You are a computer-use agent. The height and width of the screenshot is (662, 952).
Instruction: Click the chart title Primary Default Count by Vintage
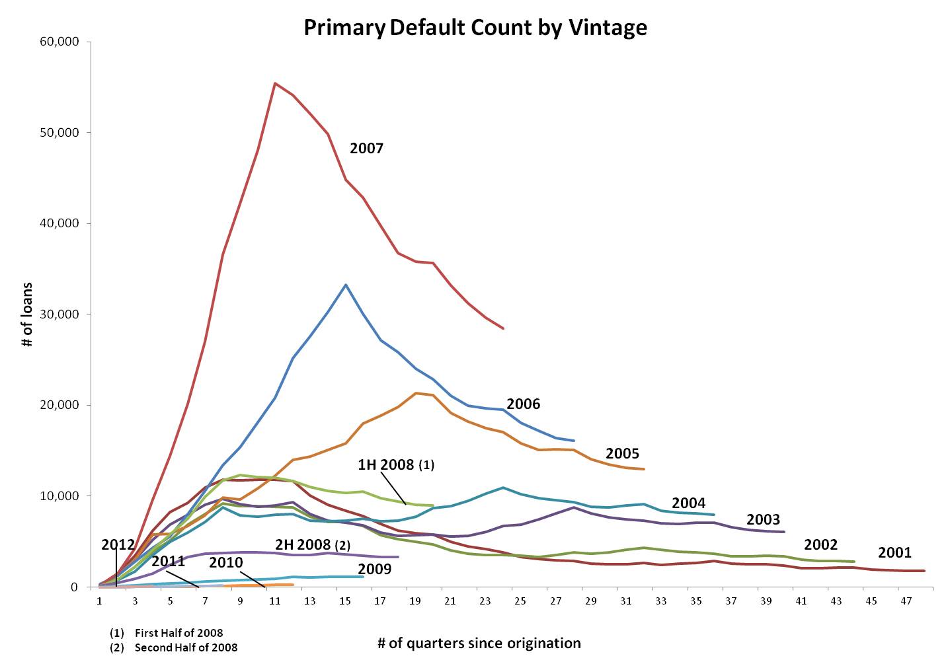(x=475, y=27)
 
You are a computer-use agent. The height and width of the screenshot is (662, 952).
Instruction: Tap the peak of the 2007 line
(x=275, y=83)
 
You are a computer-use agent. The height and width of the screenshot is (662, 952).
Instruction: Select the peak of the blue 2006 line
(x=345, y=285)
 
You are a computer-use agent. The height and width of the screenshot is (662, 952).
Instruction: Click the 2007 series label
(x=366, y=149)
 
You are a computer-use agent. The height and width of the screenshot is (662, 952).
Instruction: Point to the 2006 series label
(x=523, y=404)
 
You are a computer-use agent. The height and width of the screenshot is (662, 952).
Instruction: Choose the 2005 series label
(x=622, y=454)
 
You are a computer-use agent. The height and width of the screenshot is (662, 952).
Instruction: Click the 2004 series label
(x=688, y=503)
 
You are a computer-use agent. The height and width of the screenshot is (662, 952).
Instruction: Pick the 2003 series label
(x=763, y=520)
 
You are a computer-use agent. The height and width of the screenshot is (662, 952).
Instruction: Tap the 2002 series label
(x=820, y=545)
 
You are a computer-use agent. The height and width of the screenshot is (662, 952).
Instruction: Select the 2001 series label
(x=894, y=553)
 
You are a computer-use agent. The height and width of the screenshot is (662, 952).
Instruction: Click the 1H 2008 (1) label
(x=396, y=465)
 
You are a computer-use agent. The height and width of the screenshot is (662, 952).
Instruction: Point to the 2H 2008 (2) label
(x=313, y=545)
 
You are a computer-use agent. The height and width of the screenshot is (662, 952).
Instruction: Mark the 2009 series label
(x=374, y=570)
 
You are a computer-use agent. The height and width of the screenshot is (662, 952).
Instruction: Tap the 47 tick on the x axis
(x=906, y=601)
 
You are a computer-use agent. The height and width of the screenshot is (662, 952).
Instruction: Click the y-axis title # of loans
(x=28, y=314)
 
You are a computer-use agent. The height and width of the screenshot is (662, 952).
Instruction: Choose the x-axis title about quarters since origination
(x=479, y=644)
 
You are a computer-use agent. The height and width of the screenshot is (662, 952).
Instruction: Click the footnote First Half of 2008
(x=178, y=633)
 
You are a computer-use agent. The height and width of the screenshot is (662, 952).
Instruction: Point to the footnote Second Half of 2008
(x=186, y=647)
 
